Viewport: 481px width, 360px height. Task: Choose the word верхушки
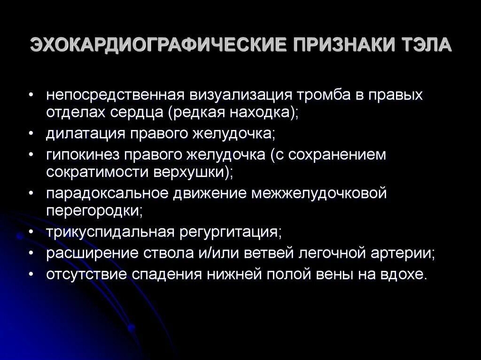tap(192, 171)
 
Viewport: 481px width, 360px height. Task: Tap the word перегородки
tap(93, 210)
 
